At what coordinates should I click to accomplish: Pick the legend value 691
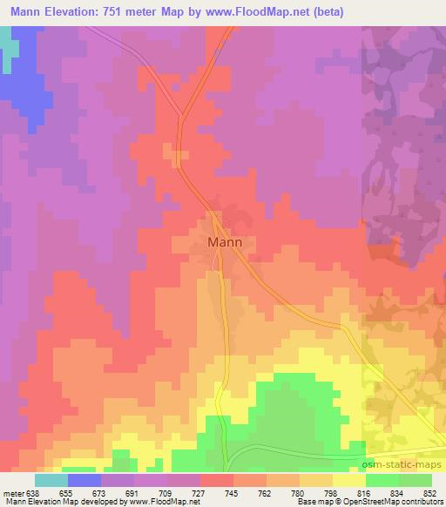click(133, 492)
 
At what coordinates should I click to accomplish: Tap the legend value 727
click(199, 492)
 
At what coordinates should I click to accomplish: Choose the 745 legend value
click(233, 492)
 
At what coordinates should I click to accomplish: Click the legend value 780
click(299, 492)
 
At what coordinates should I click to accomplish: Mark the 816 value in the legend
click(364, 492)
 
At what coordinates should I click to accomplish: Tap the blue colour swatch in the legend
click(84, 480)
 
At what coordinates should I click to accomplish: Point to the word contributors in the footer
click(420, 503)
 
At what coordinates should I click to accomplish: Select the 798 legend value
click(331, 492)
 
